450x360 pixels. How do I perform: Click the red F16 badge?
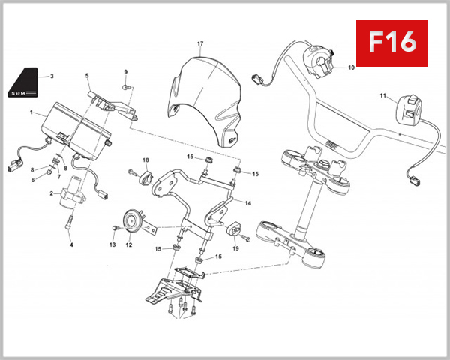click(391, 43)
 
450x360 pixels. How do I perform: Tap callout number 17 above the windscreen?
click(200, 44)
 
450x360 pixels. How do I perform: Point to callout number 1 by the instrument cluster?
click(31, 112)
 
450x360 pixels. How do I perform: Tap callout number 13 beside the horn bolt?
click(112, 244)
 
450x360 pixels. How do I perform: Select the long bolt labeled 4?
click(70, 223)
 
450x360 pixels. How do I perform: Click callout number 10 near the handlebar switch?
click(349, 68)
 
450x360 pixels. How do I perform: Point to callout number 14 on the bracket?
click(247, 203)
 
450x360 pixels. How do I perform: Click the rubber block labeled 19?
click(231, 226)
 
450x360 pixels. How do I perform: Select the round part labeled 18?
click(145, 178)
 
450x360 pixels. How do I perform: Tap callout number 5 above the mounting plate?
click(87, 76)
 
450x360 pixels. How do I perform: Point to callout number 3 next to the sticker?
click(51, 76)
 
